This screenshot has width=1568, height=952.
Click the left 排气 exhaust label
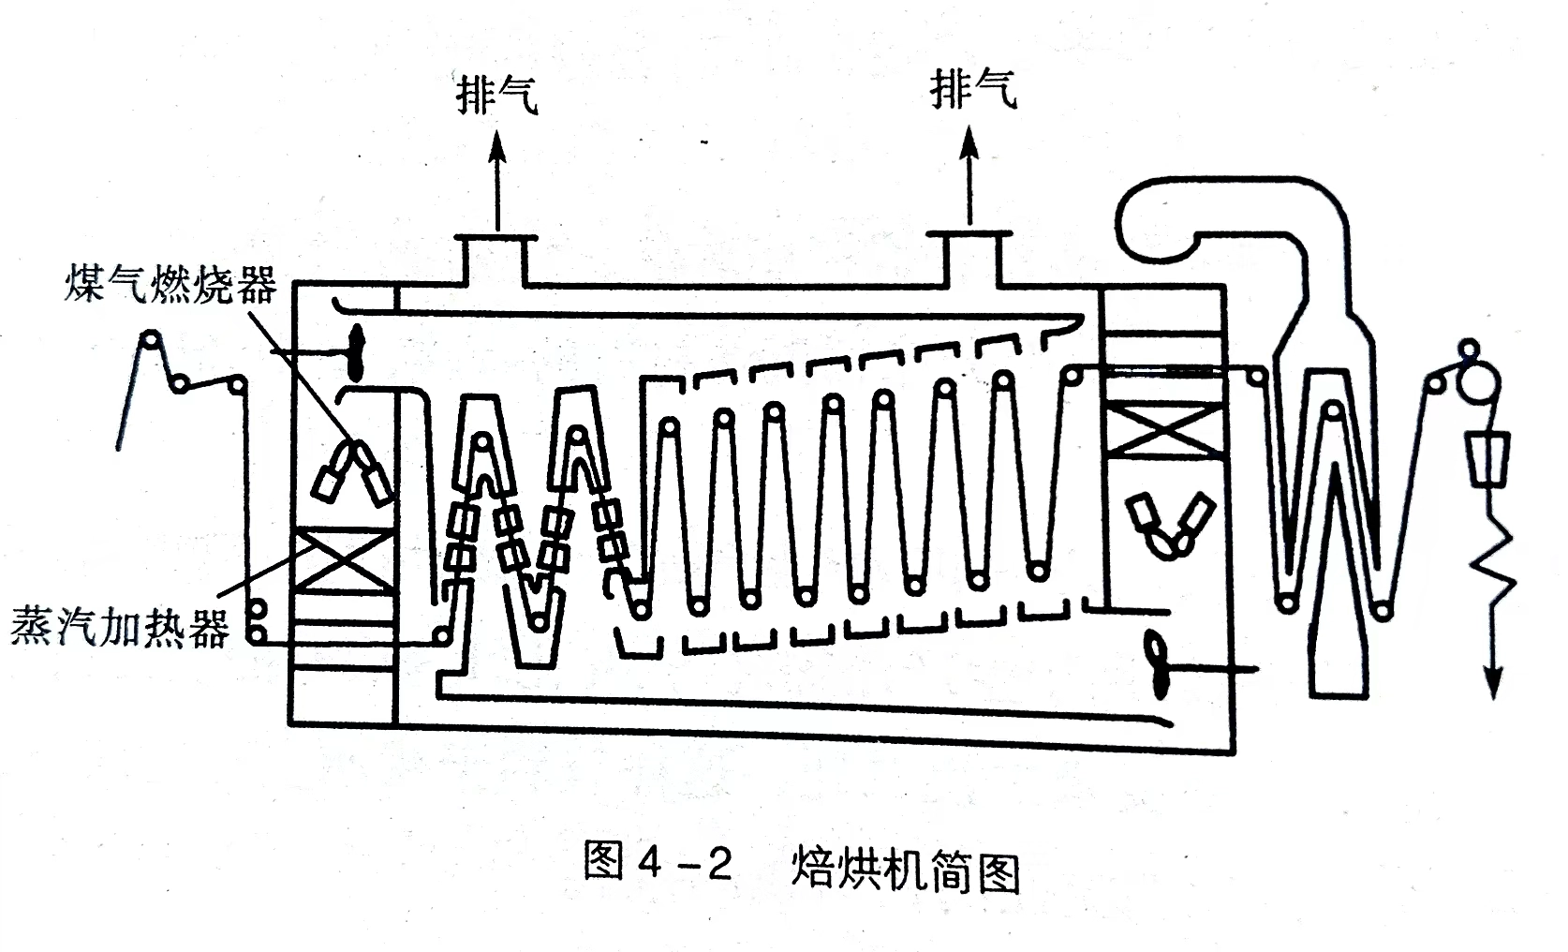coord(497,96)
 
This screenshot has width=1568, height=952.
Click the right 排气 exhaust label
coord(973,90)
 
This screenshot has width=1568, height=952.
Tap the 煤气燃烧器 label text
coord(170,284)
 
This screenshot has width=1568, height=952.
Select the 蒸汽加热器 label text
coord(120,627)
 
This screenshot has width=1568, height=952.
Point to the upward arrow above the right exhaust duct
coord(969,175)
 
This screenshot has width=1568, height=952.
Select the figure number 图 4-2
coord(658,862)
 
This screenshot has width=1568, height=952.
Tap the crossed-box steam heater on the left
coord(343,560)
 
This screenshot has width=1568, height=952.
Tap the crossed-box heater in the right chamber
coord(1163,430)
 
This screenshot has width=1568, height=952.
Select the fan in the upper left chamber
coord(356,352)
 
